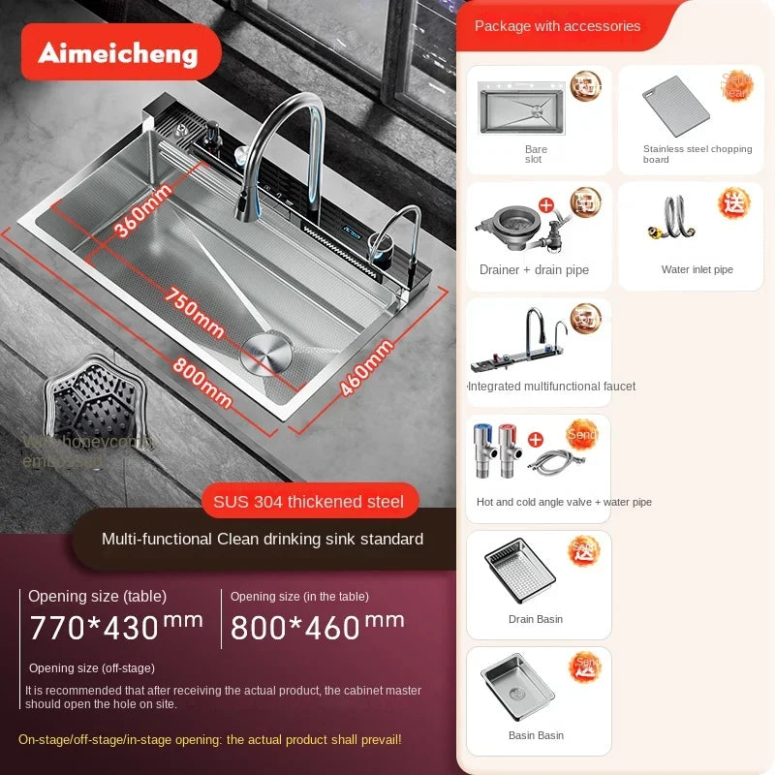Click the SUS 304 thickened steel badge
pos(309,501)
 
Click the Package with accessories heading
pos(557,26)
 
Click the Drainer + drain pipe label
pos(534,270)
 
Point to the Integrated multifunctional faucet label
pos(551,387)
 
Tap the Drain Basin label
pos(536,619)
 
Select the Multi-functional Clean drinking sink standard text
pos(263,539)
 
